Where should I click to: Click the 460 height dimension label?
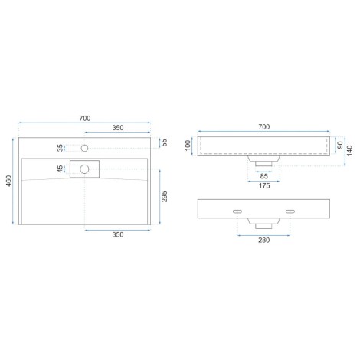[9, 181]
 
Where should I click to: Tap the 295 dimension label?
[165, 196]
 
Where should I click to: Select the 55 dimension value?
[165, 142]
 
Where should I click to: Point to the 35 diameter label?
[60, 148]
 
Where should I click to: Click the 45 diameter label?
[60, 169]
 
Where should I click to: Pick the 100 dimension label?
[188, 146]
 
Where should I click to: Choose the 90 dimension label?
[340, 145]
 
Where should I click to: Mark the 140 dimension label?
[349, 150]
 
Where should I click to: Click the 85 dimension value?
[263, 176]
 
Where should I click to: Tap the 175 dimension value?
[264, 185]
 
